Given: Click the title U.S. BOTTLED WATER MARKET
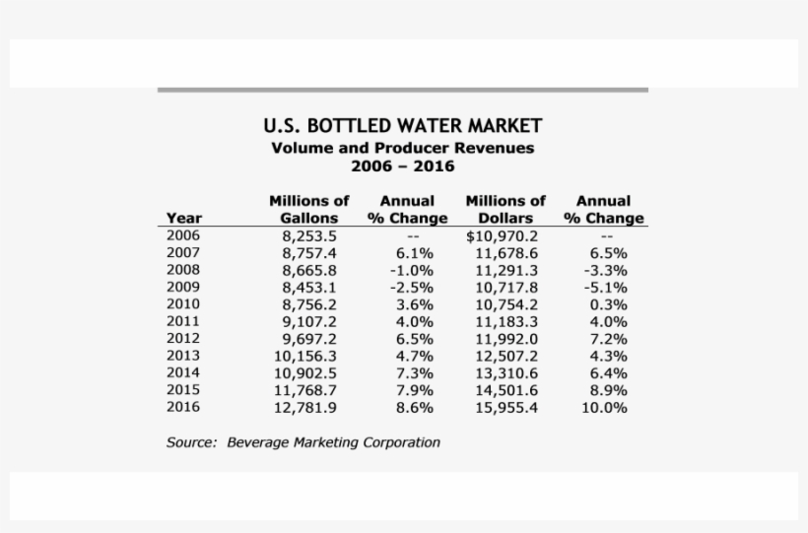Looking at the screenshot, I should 402,126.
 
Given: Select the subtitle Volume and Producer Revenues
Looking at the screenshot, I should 402,148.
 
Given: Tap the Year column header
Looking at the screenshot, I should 184,218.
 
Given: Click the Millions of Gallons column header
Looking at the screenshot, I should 309,209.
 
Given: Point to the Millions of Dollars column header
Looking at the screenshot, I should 505,209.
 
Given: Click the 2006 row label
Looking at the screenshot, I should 183,235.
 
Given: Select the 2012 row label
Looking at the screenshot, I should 183,338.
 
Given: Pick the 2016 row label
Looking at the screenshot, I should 183,406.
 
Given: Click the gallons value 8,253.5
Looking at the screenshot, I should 309,236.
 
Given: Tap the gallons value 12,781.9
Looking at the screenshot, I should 306,407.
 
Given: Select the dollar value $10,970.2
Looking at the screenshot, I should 502,236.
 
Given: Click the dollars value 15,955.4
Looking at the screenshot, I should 506,407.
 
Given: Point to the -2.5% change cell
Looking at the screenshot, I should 411,288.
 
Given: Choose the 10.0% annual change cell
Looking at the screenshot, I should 604,407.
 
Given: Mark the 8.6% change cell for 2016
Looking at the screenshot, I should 413,407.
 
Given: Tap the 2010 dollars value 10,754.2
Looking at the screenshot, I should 506,304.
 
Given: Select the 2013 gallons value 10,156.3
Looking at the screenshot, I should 306,356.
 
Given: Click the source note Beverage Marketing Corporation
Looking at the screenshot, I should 333,442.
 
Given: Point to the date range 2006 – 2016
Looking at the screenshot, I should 402,166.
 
